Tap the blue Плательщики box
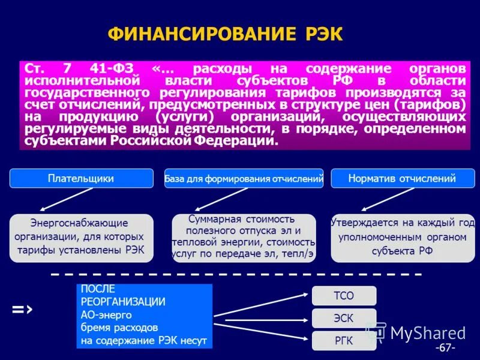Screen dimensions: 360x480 (81, 178)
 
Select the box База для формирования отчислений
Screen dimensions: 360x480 (244, 178)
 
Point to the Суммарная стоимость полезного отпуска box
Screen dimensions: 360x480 (243, 236)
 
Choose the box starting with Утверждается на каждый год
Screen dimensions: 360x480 (402, 238)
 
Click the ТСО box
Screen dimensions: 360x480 (344, 295)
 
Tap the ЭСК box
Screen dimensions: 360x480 (344, 318)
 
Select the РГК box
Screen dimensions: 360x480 (344, 341)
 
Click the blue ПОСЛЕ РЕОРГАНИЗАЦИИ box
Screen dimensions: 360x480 (144, 316)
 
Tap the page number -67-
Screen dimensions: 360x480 (446, 348)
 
